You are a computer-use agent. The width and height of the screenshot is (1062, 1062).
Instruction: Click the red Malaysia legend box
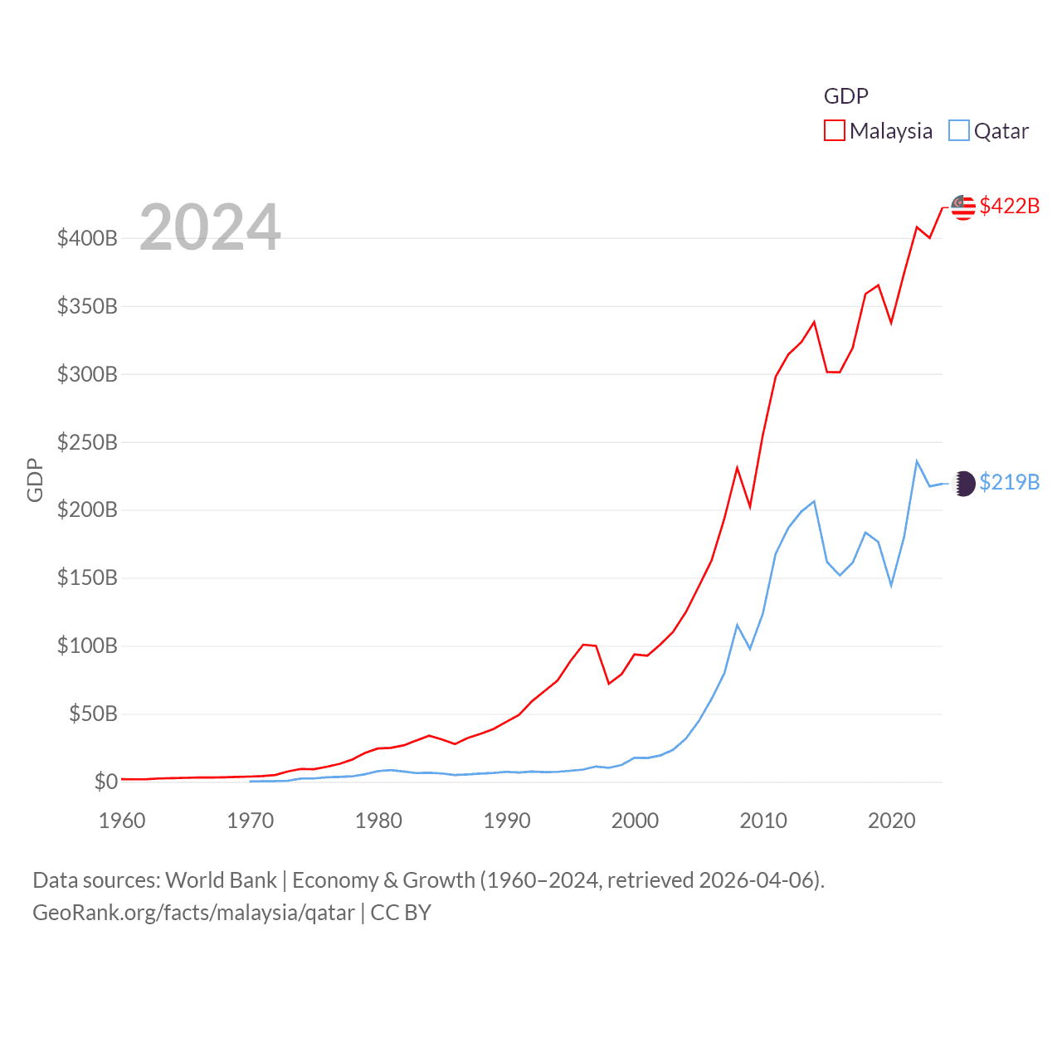[834, 131]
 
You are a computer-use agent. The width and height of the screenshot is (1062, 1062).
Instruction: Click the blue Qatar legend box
[958, 131]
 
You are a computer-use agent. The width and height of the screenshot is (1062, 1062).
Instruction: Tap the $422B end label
[1009, 206]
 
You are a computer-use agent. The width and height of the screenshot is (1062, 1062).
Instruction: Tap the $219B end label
[1009, 482]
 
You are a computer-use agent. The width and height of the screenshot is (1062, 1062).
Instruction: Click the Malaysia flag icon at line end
[962, 207]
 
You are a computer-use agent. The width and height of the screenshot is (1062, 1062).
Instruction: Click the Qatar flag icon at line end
[963, 483]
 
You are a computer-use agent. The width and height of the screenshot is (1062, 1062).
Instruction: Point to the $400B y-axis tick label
[87, 239]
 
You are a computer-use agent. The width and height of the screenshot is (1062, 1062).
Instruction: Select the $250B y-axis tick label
[87, 442]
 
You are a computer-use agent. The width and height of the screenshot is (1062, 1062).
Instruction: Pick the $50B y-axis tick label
[93, 714]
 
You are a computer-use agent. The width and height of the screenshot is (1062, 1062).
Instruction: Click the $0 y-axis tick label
[105, 782]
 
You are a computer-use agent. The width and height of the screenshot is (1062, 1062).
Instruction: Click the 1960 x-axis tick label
[122, 821]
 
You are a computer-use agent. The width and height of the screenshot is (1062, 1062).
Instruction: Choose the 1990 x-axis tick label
[507, 821]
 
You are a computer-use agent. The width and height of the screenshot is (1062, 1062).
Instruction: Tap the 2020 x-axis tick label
[892, 821]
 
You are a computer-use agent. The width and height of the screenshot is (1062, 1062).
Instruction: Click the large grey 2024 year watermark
[210, 227]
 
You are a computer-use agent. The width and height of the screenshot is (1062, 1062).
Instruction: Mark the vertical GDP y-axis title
[35, 480]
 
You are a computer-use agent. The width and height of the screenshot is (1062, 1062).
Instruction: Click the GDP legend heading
[845, 96]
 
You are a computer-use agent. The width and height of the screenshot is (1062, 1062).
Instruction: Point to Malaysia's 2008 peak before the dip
[737, 468]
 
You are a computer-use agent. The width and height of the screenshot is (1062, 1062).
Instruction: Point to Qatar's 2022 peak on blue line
[917, 461]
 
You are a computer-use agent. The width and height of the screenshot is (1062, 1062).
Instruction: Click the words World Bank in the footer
[221, 879]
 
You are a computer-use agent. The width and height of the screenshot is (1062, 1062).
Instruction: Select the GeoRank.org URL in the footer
[193, 913]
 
